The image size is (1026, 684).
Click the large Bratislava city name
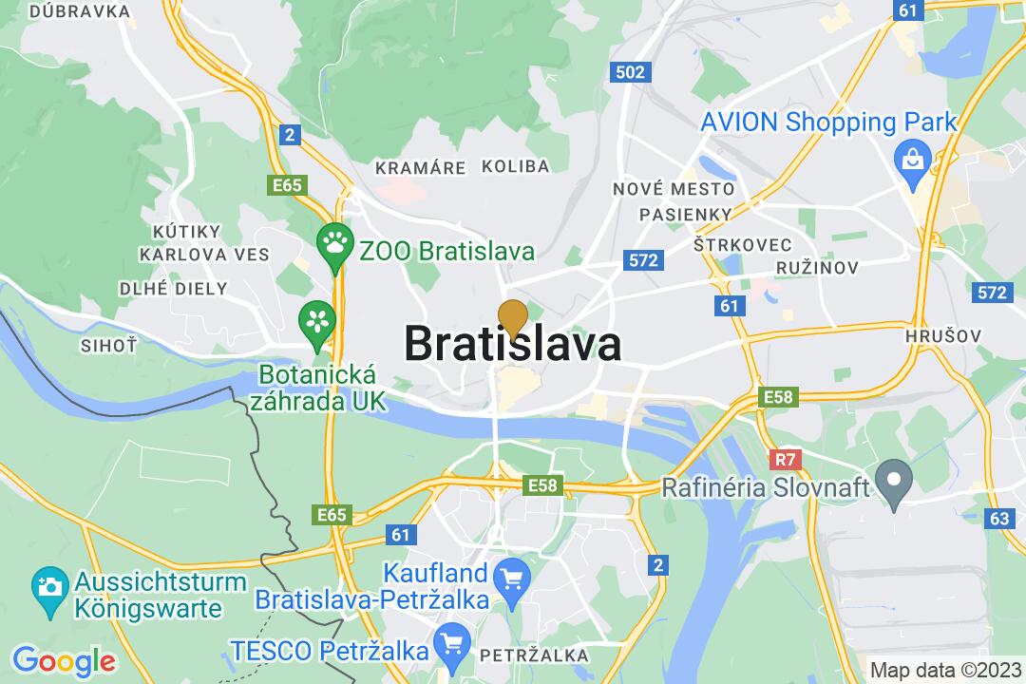pyautogui.click(x=513, y=343)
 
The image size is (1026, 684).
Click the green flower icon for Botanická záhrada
pyautogui.click(x=316, y=320)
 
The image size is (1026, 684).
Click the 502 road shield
pyautogui.click(x=630, y=72)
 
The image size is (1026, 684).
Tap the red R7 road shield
pyautogui.click(x=784, y=460)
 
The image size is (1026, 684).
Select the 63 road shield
pyautogui.click(x=998, y=519)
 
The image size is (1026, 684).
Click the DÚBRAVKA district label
pyautogui.click(x=80, y=11)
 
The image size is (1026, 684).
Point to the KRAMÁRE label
pyautogui.click(x=421, y=167)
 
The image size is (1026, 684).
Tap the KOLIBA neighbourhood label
pyautogui.click(x=515, y=166)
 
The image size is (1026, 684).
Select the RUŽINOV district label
pyautogui.click(x=818, y=268)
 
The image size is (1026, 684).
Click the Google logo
pyautogui.click(x=63, y=659)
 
